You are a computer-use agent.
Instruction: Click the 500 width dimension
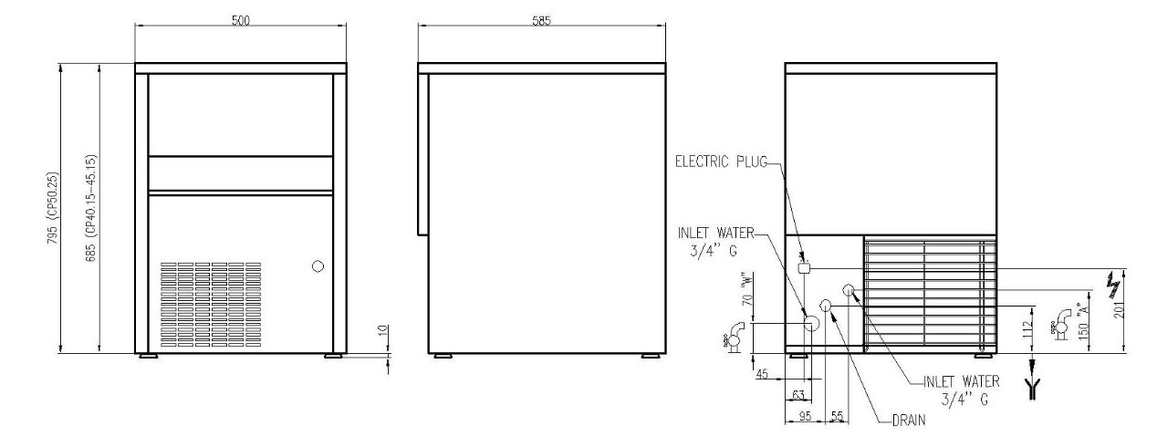click(241, 21)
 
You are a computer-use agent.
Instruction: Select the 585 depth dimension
click(541, 21)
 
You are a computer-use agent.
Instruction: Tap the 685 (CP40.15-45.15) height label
click(91, 208)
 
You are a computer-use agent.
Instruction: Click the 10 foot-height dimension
click(382, 330)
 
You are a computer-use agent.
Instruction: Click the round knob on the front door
click(318, 266)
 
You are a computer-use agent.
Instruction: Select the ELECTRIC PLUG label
click(721, 161)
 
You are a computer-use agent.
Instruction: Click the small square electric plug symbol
click(804, 268)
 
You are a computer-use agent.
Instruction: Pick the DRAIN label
click(909, 421)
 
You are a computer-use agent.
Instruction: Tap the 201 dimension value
click(1119, 309)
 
